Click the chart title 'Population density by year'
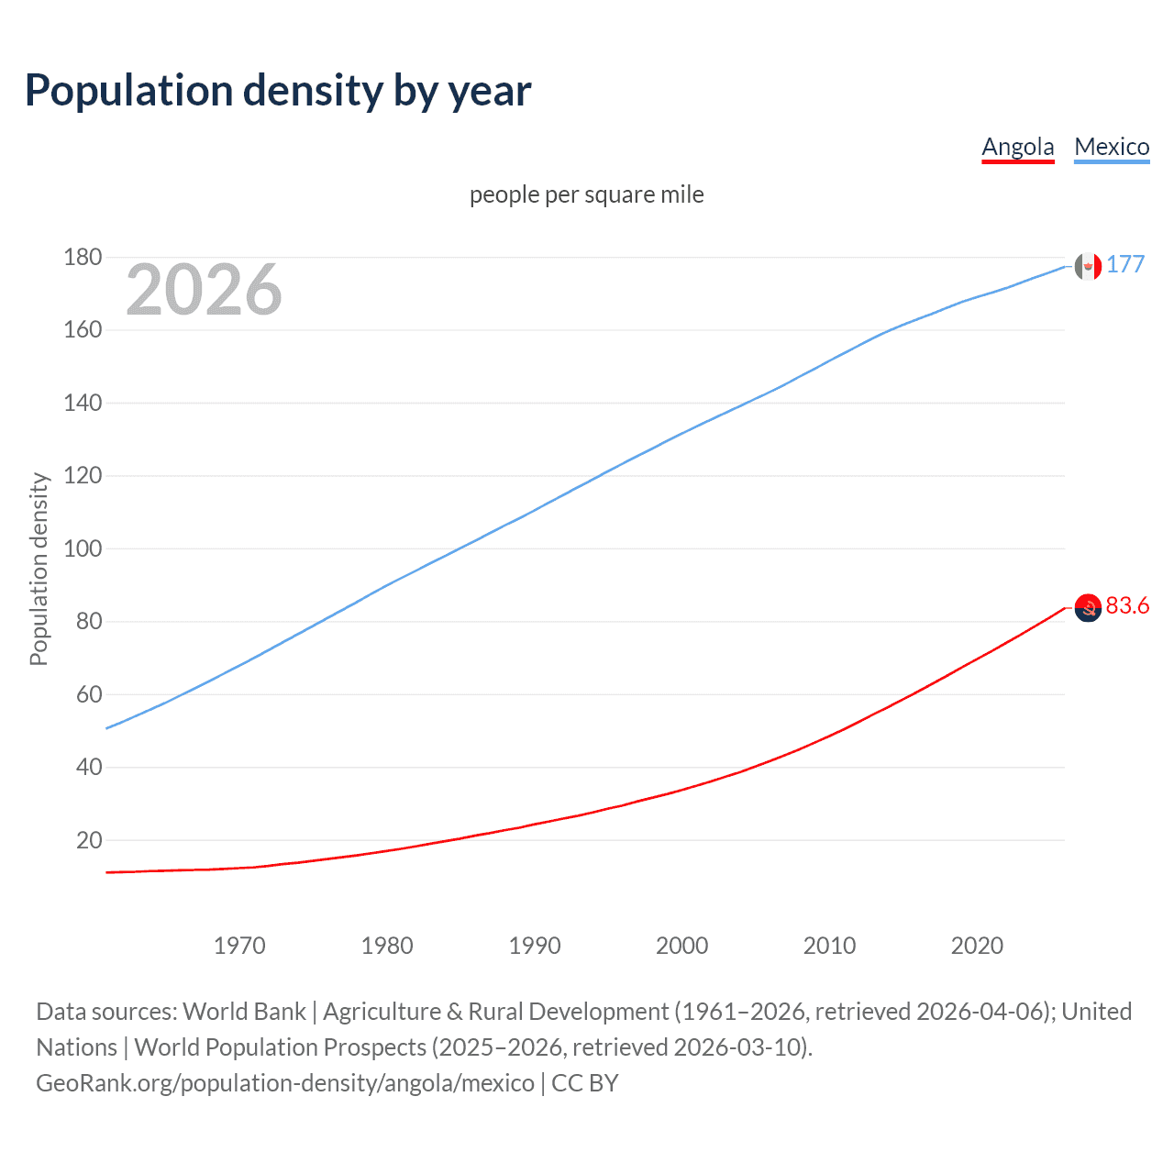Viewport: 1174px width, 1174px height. (278, 91)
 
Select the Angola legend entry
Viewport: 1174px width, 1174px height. (1017, 147)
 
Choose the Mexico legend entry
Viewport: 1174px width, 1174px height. (1112, 147)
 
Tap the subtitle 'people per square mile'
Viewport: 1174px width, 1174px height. (586, 194)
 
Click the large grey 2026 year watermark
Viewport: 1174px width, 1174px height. (204, 290)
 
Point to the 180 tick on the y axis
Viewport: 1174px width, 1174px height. (83, 257)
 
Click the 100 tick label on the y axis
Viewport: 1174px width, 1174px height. (83, 548)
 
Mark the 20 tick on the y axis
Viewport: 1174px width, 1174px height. (89, 840)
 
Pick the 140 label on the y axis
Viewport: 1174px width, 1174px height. (83, 403)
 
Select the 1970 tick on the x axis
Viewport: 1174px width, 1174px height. (239, 946)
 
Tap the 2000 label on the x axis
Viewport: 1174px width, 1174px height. (681, 946)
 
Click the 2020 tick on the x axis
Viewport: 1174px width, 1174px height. (977, 946)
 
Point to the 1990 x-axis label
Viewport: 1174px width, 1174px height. (535, 946)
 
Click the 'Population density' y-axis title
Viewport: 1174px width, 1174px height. (39, 569)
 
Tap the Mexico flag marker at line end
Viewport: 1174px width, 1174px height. (1088, 266)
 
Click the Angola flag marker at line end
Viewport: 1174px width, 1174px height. (1088, 607)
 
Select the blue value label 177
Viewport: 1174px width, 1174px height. (1125, 264)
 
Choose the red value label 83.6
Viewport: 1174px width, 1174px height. (1127, 605)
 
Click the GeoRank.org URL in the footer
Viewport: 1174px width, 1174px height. (285, 1083)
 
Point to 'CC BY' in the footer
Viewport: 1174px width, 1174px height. (585, 1083)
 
